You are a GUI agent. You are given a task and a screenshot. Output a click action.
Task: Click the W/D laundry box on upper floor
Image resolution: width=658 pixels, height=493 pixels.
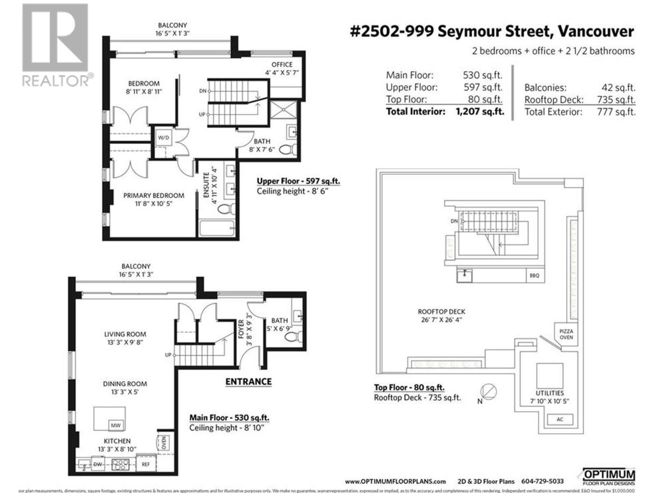[163, 138]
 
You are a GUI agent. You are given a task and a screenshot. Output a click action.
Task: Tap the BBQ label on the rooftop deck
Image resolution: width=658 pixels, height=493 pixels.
[534, 275]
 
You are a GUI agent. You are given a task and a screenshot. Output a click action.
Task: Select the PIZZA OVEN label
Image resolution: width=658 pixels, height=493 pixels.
[566, 334]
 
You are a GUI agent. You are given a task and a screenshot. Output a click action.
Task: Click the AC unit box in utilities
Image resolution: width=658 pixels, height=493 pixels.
[560, 419]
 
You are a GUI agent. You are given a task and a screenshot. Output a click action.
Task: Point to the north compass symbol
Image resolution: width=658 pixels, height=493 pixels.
[489, 392]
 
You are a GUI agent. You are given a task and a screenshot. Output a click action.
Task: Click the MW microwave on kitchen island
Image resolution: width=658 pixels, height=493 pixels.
[116, 425]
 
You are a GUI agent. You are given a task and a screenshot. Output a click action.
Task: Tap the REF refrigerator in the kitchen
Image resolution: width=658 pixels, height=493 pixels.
[146, 464]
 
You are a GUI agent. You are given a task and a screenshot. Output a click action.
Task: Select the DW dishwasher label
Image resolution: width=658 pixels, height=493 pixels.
[97, 464]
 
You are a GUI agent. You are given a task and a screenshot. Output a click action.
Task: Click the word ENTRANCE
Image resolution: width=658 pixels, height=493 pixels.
[248, 382]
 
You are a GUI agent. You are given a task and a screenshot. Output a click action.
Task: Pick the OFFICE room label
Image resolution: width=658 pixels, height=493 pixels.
[282, 65]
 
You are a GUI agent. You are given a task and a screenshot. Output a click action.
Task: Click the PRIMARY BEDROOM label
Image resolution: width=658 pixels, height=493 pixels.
[154, 196]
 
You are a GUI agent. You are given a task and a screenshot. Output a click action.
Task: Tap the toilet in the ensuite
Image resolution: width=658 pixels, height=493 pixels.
[226, 209]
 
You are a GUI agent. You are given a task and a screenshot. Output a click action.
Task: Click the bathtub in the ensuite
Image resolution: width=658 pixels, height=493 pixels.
[217, 228]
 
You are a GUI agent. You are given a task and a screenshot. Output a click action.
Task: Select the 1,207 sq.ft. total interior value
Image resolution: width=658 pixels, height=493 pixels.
[480, 111]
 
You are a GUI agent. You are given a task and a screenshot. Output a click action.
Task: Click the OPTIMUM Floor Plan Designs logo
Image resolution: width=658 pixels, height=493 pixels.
[609, 477]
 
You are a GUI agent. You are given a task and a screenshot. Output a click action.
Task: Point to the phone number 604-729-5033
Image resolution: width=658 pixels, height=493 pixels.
[542, 481]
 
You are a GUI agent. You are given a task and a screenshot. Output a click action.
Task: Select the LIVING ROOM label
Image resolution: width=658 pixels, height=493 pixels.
[125, 334]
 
